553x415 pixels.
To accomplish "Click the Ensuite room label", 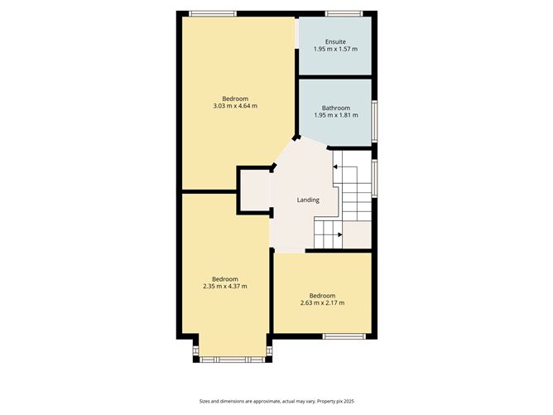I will [x=335, y=41].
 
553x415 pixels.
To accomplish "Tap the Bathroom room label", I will [x=335, y=108].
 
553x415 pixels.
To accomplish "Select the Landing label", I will [x=308, y=200].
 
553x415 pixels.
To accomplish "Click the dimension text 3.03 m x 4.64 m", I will [x=235, y=106].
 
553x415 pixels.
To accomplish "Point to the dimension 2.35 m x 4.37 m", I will [x=224, y=286].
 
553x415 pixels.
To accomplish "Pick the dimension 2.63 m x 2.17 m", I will [x=322, y=303].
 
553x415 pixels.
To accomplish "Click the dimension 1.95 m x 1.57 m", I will [x=335, y=49].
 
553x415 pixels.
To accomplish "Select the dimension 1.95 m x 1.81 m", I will [x=335, y=115].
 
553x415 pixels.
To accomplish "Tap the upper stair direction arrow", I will [x=335, y=166].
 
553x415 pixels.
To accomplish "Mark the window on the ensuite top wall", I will [x=344, y=13].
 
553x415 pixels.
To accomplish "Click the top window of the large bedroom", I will [x=213, y=13].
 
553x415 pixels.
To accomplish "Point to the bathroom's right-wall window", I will [x=376, y=120].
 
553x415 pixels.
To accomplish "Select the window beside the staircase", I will [x=376, y=177].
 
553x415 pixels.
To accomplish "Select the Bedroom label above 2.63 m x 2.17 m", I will [x=322, y=296].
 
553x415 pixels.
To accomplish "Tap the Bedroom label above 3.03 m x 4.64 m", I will [x=235, y=99].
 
